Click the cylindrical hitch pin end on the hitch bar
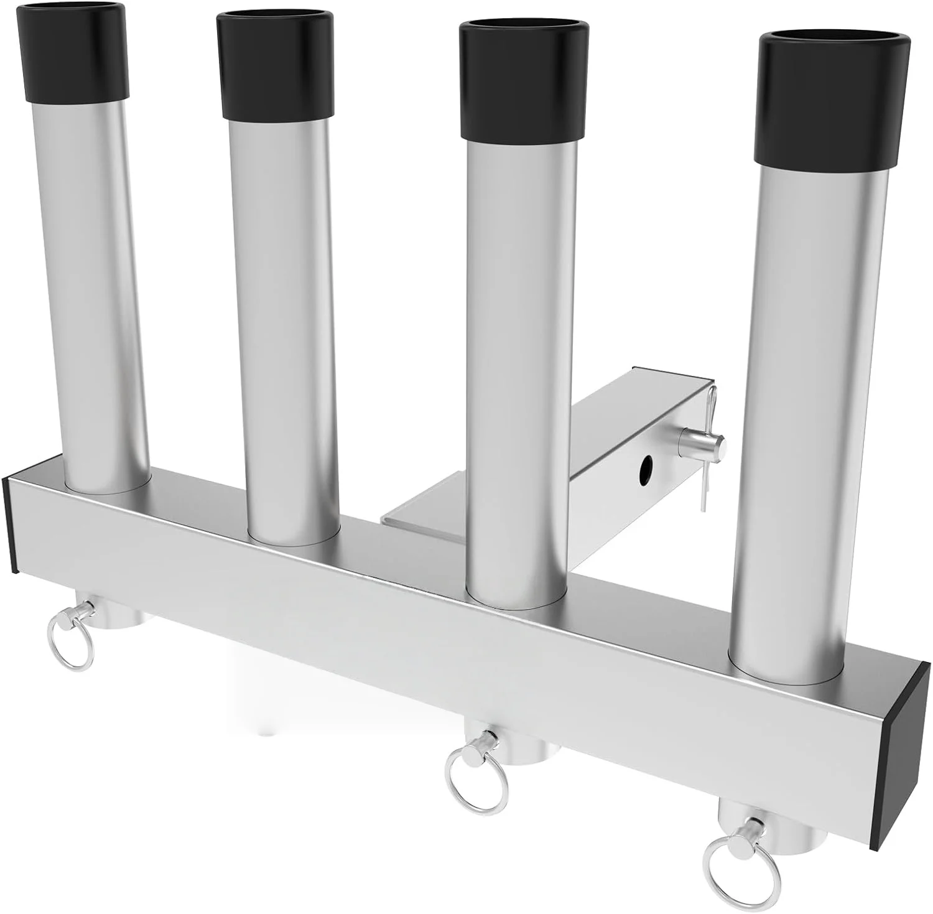pos(706,444)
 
